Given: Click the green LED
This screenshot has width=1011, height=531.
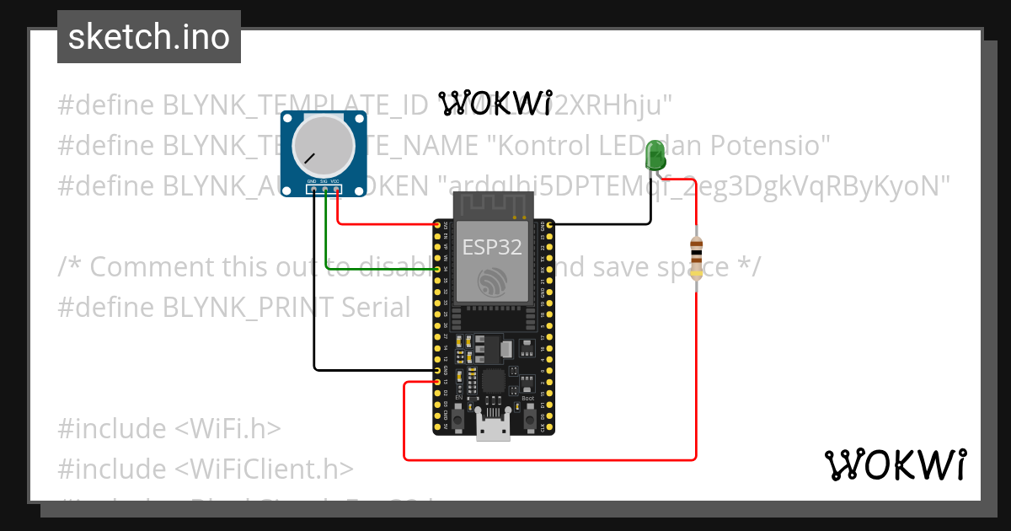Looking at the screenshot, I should point(655,156).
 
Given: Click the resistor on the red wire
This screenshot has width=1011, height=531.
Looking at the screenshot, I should point(696,256).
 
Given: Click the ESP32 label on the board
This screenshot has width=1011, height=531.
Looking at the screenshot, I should point(492,247).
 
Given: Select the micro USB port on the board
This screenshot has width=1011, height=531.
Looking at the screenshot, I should point(493,427).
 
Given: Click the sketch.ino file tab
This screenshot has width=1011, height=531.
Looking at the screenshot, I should point(149,37).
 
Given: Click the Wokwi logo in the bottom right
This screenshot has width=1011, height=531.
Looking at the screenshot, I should point(895,465).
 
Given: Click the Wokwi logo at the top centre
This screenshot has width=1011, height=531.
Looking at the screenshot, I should point(495,102).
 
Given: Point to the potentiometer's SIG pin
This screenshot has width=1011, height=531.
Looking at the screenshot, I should point(324,189).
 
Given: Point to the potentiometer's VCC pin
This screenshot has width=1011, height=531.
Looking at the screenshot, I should point(336,189).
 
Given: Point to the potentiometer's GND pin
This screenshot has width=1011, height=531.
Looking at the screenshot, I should point(313,189).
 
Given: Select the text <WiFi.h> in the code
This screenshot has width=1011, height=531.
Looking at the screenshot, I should point(227,428).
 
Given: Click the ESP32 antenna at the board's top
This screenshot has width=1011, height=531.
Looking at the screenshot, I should point(493,204).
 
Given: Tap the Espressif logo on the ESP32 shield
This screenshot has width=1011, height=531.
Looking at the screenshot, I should point(492,282).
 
